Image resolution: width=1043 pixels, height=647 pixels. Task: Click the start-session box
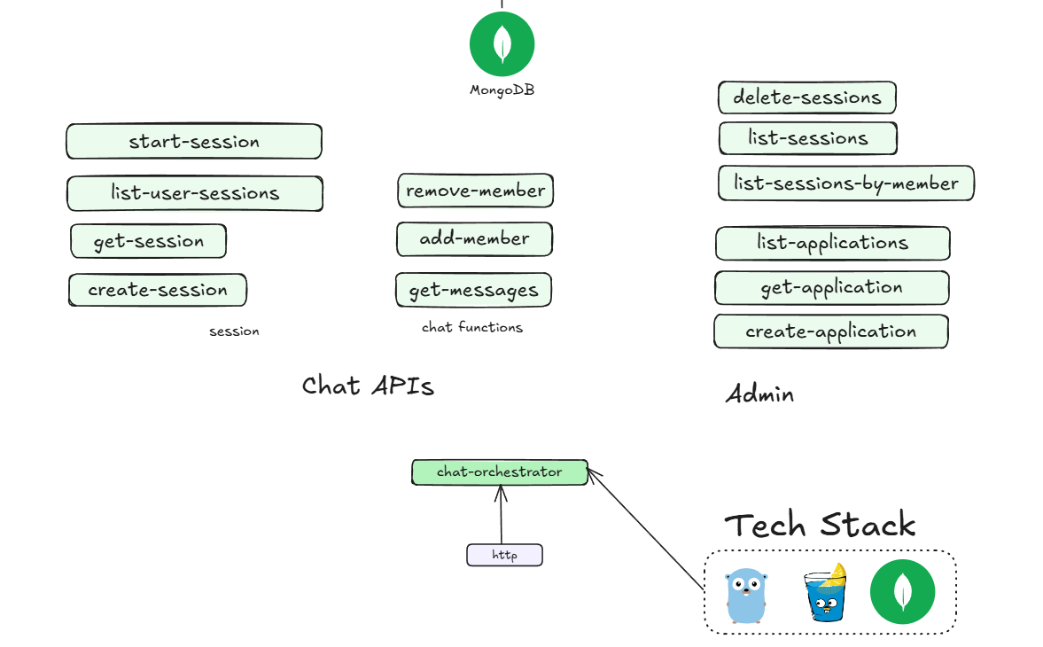(x=193, y=142)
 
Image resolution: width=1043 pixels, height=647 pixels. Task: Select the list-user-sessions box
(x=195, y=193)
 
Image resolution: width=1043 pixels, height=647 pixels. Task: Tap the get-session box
(x=148, y=241)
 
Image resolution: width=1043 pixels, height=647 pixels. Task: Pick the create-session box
(x=158, y=290)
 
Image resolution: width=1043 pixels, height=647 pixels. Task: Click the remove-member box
(x=476, y=191)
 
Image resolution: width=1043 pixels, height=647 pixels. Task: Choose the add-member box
(x=474, y=238)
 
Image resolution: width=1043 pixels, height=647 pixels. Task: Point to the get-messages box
(x=473, y=290)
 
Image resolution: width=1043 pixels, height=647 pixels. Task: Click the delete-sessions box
(x=806, y=97)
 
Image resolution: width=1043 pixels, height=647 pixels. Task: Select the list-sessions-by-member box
(x=845, y=183)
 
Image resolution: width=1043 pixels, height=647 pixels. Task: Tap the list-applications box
(x=832, y=243)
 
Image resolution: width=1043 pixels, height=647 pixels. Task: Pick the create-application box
(x=830, y=331)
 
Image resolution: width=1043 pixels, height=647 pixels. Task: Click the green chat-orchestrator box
(x=499, y=472)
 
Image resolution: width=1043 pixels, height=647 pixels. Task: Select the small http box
(x=504, y=556)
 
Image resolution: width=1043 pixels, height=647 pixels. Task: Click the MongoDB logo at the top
(x=502, y=44)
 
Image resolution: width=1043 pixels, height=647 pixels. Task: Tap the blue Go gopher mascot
(x=744, y=596)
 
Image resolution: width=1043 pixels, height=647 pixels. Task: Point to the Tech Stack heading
(x=820, y=525)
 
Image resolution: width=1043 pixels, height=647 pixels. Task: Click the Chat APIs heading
(x=368, y=386)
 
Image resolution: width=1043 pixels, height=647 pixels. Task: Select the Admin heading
(x=759, y=394)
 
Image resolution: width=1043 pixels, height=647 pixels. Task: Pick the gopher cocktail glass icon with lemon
(x=825, y=592)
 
